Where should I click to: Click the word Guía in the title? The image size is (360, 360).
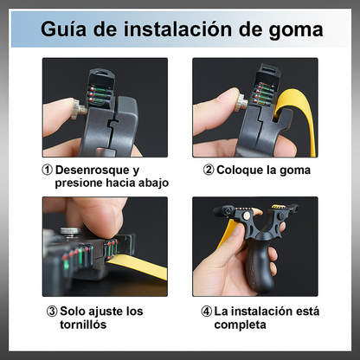(x=63, y=29)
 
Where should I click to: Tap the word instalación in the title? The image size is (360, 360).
(x=177, y=29)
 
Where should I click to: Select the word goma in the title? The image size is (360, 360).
(x=296, y=31)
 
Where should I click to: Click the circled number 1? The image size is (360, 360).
(x=47, y=170)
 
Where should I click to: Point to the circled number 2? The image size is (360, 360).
(x=209, y=170)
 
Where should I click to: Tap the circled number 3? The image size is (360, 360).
(x=52, y=312)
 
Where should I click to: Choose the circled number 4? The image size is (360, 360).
(x=206, y=312)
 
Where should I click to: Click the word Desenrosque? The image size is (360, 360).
(x=93, y=170)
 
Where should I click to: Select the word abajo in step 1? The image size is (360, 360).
(x=153, y=183)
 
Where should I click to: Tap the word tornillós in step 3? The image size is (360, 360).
(x=83, y=325)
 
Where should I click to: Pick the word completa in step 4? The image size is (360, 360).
(x=240, y=325)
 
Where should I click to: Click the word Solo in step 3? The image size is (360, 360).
(x=73, y=312)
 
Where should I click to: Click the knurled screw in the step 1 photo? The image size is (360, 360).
(x=78, y=109)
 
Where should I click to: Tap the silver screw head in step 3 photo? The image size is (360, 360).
(x=70, y=231)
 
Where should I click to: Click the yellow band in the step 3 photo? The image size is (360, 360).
(x=138, y=265)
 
